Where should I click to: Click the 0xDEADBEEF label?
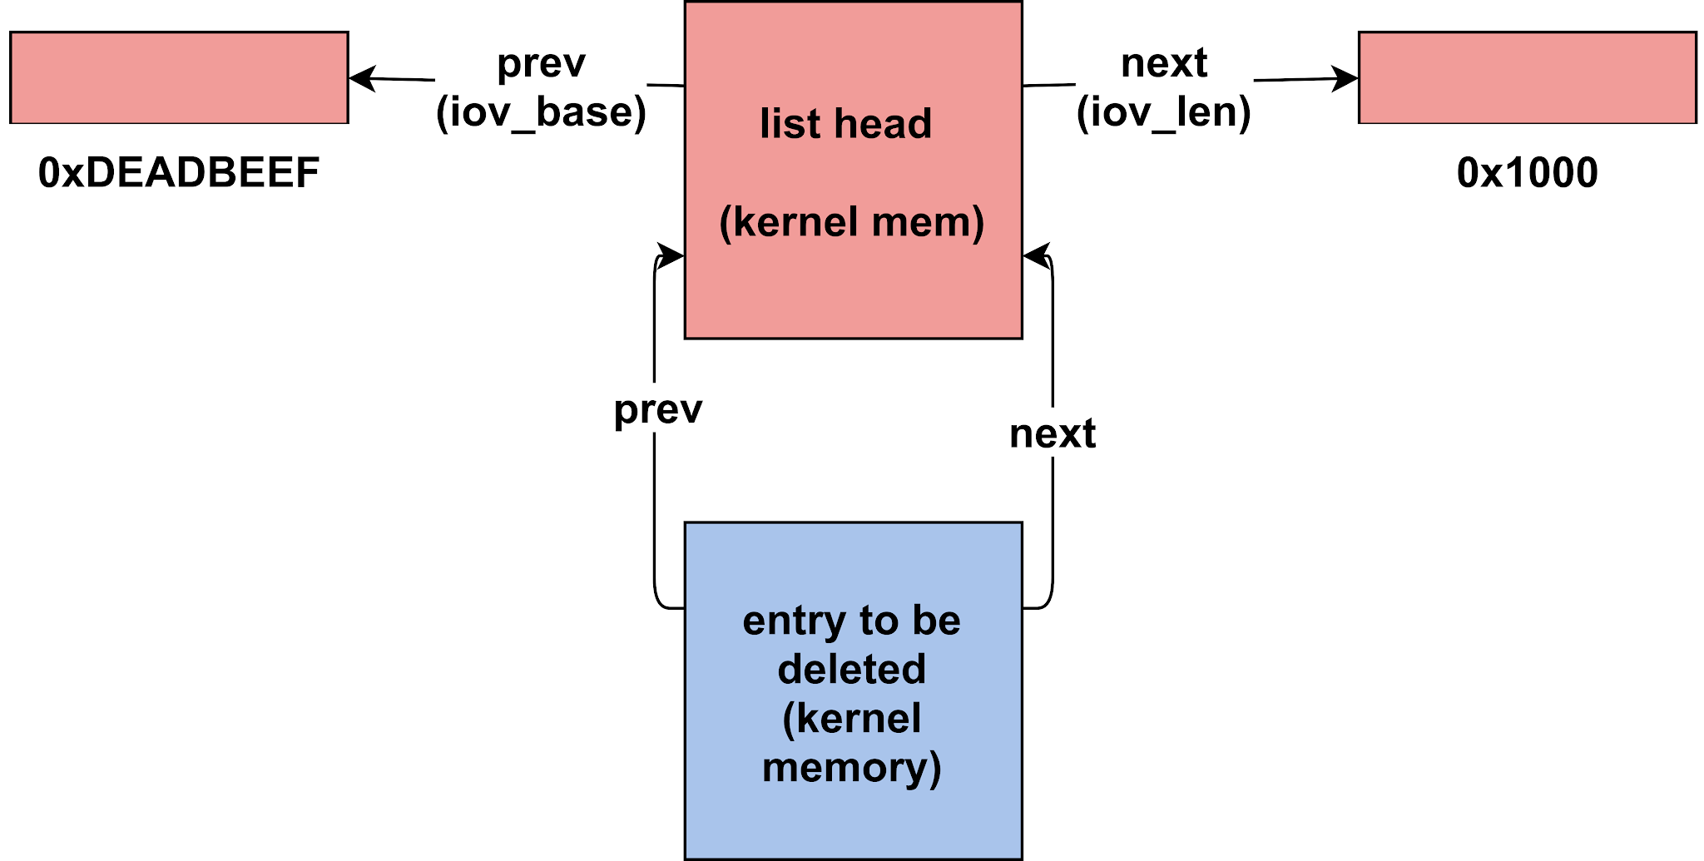pos(179,173)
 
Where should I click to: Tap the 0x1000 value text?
pos(1527,173)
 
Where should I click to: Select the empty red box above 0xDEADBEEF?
pos(179,77)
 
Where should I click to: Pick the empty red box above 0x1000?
pos(1528,77)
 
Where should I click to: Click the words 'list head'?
pos(846,124)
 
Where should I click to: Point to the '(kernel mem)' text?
pos(852,222)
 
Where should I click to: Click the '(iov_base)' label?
pos(541,112)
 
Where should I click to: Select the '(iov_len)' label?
pos(1164,112)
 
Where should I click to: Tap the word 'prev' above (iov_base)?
pos(541,64)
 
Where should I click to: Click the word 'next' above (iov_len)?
pos(1164,63)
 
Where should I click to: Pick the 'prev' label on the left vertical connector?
pos(658,409)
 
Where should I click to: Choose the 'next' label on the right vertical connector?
pos(1053,433)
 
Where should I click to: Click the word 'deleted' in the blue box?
pos(852,670)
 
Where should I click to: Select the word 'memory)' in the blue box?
pos(852,768)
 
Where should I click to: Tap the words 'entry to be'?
pos(852,621)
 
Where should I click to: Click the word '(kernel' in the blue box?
pos(852,719)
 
